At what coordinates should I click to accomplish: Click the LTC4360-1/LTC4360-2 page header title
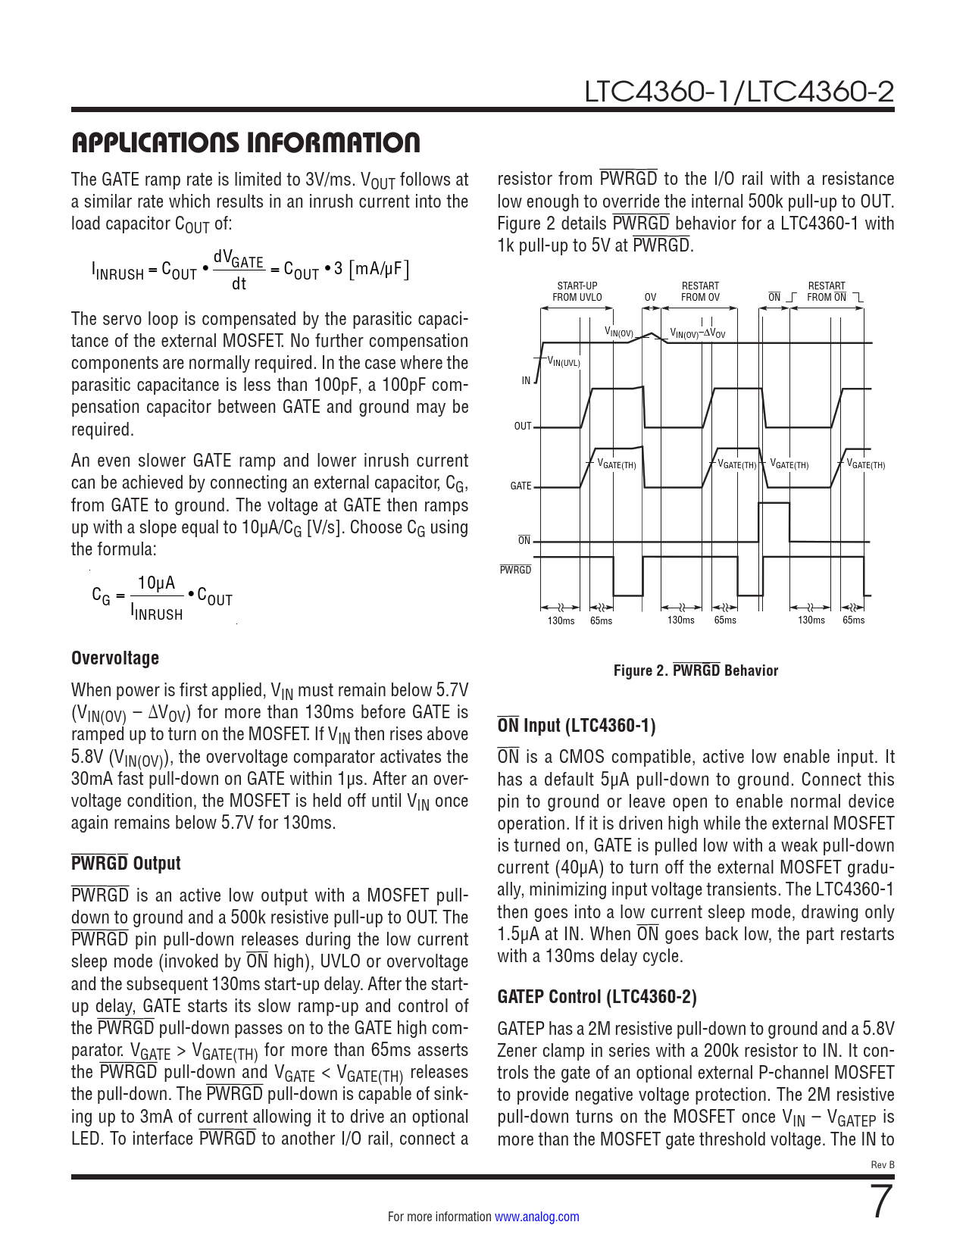(739, 92)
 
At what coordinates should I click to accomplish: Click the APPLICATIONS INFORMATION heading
(245, 142)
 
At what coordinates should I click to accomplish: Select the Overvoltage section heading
(115, 658)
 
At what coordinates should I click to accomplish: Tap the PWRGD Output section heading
(126, 864)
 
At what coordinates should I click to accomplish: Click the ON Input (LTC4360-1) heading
(576, 726)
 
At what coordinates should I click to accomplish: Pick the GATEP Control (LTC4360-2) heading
(597, 997)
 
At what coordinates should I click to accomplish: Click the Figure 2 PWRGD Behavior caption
(696, 670)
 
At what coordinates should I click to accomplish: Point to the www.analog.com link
(536, 1217)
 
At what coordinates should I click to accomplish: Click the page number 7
(881, 1202)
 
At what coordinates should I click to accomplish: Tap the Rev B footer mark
(883, 1164)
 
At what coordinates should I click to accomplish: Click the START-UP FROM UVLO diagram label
(577, 292)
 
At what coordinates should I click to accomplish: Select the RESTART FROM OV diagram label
(700, 292)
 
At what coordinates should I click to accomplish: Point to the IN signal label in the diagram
(526, 381)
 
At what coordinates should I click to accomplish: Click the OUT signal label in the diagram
(523, 427)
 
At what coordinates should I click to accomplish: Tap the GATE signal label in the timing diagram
(521, 486)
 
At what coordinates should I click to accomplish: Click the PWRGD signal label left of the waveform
(515, 570)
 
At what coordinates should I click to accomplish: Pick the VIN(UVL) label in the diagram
(563, 363)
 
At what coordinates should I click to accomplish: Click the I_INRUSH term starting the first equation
(117, 271)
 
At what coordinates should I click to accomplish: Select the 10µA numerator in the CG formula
(157, 583)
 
